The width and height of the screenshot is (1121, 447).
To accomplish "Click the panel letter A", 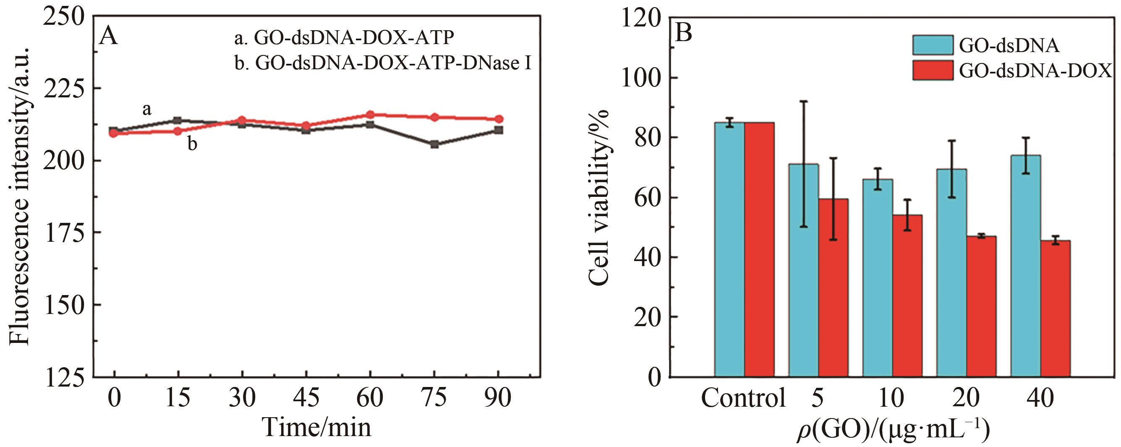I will pyautogui.click(x=108, y=35).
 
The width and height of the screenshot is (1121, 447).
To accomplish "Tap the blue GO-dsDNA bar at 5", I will pyautogui.click(x=803, y=270).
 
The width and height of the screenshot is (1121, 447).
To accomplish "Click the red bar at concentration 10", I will pyautogui.click(x=907, y=295).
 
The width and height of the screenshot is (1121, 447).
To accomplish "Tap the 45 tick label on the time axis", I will pyautogui.click(x=306, y=397).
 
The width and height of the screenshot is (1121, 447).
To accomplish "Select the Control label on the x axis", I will pyautogui.click(x=743, y=397).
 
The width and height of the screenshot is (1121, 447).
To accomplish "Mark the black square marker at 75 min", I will pyautogui.click(x=434, y=144).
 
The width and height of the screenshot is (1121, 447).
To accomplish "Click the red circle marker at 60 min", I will pyautogui.click(x=370, y=115).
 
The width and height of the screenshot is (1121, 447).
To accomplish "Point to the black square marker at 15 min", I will pyautogui.click(x=178, y=120).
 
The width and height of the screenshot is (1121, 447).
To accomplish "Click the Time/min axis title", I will pyautogui.click(x=317, y=427).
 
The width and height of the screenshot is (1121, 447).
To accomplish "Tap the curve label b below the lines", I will pyautogui.click(x=192, y=144).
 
